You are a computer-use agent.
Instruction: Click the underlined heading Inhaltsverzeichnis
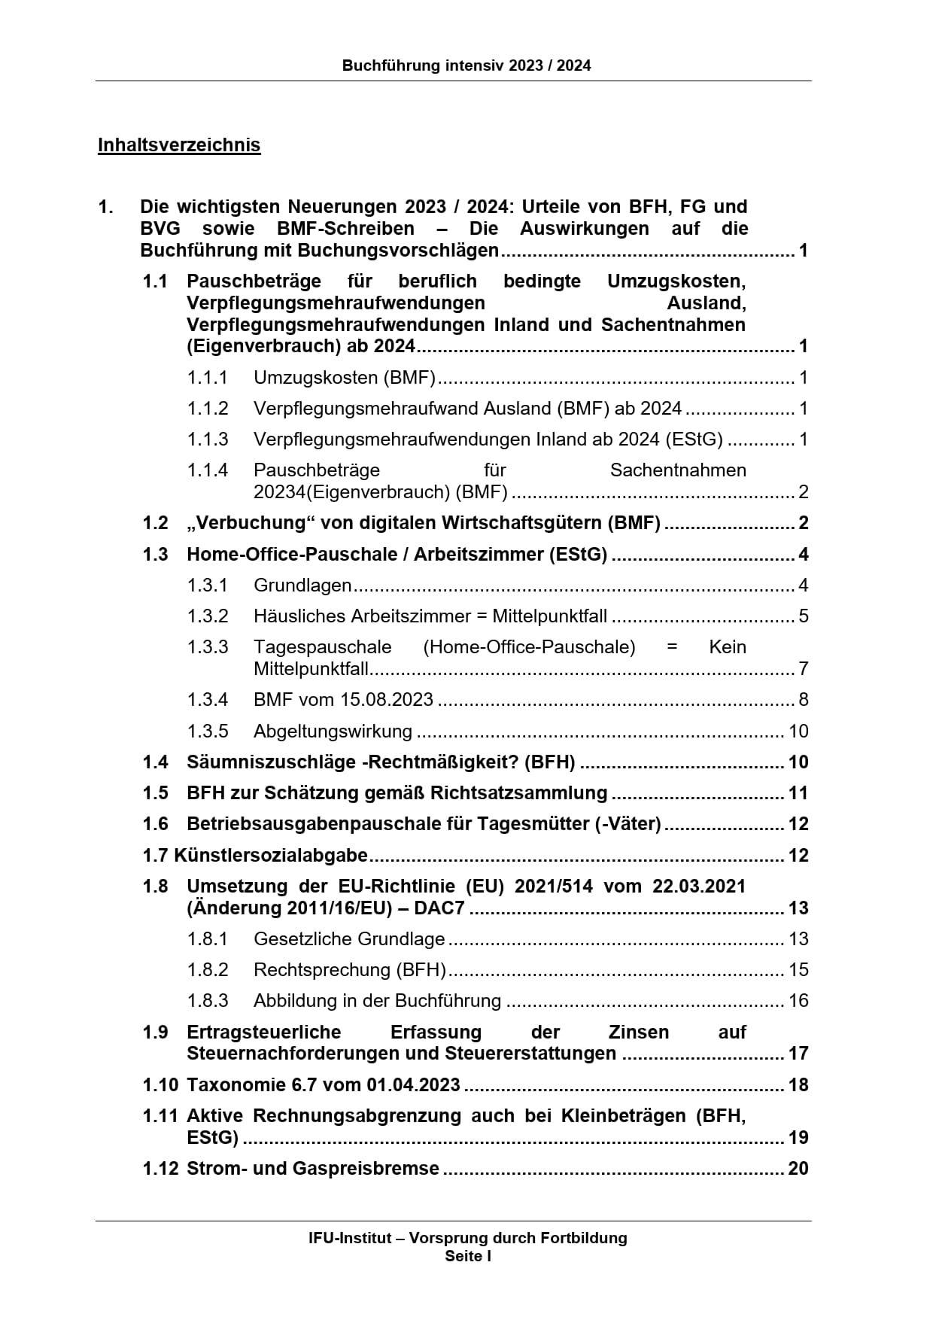point(179,144)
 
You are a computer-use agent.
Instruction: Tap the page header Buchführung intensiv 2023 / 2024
point(466,65)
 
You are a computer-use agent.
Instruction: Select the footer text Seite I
point(467,1255)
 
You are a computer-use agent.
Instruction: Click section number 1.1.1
point(208,377)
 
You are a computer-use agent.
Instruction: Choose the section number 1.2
point(156,522)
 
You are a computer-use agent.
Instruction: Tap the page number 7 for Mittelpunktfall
point(804,668)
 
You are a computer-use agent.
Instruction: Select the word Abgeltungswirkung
point(333,731)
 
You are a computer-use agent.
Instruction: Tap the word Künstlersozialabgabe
point(271,855)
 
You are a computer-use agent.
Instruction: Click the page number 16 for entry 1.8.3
point(798,1000)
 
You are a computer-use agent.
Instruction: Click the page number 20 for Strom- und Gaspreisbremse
point(798,1168)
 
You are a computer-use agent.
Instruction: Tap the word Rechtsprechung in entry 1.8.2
point(322,969)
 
